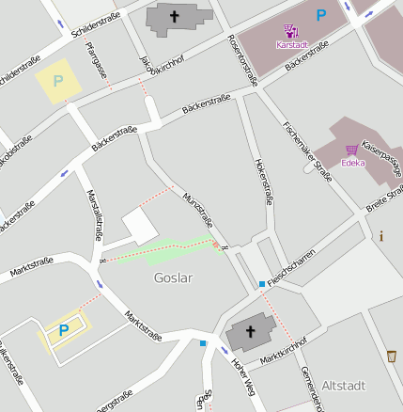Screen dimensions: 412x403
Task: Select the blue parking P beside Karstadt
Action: click(321, 15)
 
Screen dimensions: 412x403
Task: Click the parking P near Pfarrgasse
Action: click(57, 82)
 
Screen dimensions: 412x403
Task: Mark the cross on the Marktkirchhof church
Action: click(251, 331)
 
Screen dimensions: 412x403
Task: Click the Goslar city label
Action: click(173, 278)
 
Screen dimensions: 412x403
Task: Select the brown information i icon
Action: click(381, 236)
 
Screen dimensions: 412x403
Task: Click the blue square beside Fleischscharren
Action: click(261, 284)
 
